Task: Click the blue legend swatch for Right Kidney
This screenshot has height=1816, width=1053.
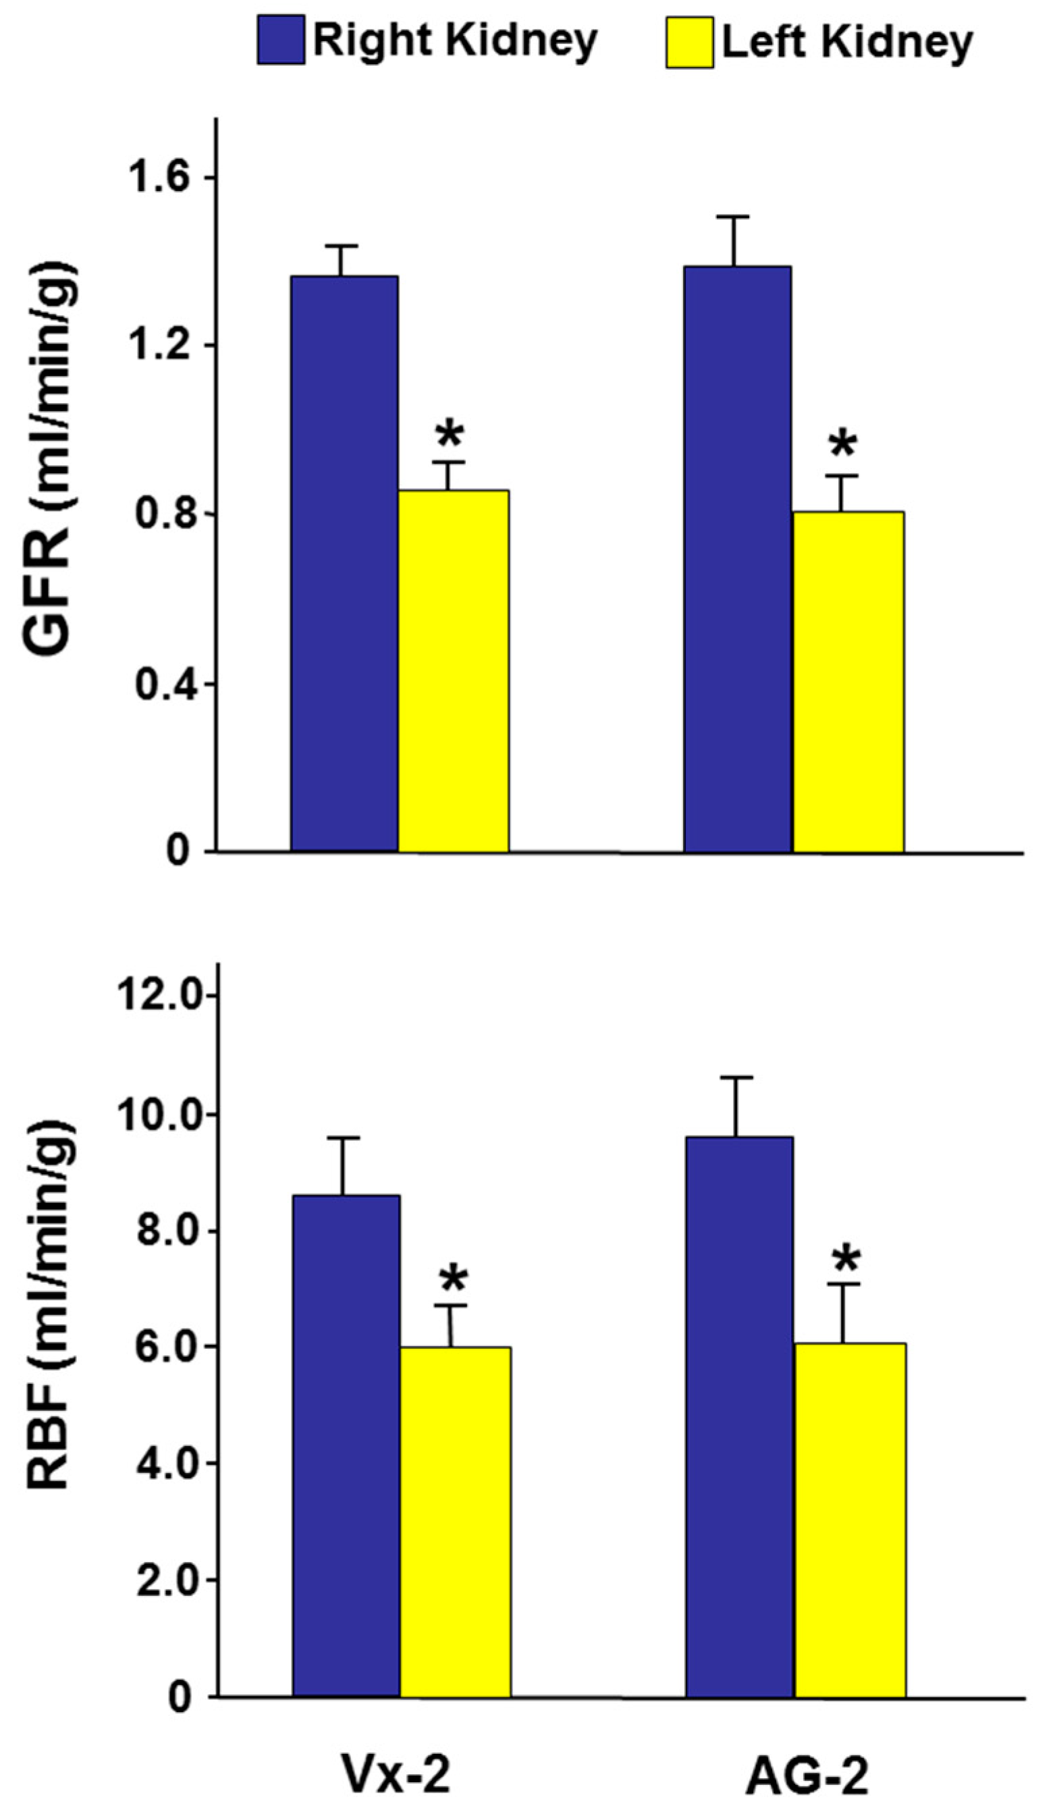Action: click(280, 41)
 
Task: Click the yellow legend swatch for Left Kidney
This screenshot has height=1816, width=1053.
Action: click(689, 43)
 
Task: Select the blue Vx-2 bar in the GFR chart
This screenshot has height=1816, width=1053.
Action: click(344, 563)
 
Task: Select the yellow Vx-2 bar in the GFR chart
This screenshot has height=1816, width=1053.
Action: click(454, 670)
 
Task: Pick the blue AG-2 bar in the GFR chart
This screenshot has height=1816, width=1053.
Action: click(737, 558)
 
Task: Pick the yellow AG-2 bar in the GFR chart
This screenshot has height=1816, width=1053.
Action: click(848, 681)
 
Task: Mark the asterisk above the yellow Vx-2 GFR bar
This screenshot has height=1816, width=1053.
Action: click(450, 435)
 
